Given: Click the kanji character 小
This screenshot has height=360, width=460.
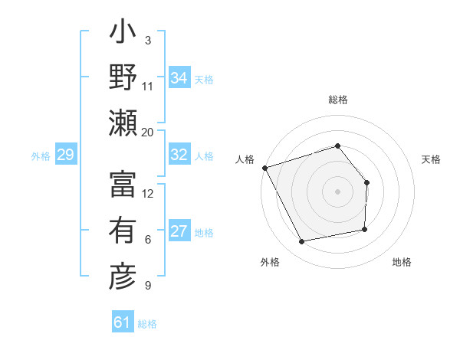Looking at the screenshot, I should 123,35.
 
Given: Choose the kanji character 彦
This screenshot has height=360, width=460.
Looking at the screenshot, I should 123,277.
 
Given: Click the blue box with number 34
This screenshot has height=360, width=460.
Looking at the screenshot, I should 179,78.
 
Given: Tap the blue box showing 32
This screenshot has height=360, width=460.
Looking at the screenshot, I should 179,155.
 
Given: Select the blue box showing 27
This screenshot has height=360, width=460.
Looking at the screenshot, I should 179,232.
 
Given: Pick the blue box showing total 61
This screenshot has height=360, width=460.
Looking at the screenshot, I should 123,322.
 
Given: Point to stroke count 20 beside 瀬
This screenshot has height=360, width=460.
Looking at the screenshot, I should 148,132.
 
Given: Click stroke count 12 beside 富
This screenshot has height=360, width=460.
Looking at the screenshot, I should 148,193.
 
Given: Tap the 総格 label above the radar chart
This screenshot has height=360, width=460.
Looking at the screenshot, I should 337,100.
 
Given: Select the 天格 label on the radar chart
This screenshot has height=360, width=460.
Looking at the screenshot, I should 431,159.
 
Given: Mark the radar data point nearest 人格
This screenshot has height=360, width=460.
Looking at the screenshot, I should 264,168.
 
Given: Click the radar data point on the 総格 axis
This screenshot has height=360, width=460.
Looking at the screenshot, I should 337,146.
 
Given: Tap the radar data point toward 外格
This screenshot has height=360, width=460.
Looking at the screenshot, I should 301,242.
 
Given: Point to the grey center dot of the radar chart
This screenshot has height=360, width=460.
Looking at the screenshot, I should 337,191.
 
